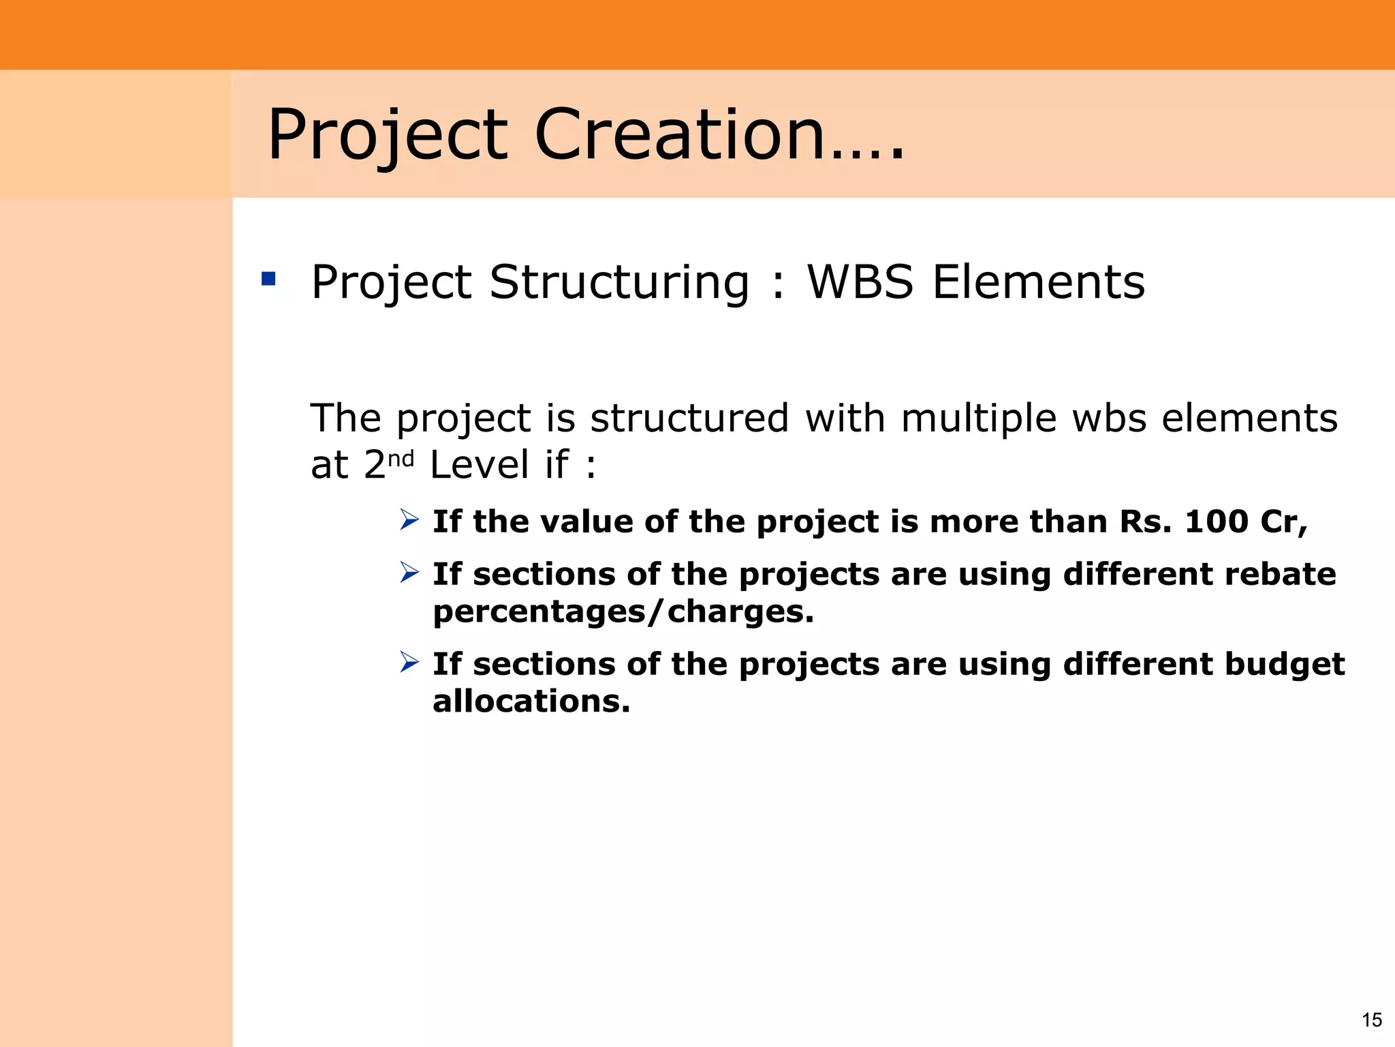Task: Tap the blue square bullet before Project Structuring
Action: [268, 279]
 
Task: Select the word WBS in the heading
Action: [860, 282]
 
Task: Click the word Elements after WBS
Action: [1038, 282]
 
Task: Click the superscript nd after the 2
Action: [401, 459]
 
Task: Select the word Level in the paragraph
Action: [480, 465]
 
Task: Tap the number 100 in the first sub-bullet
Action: [1216, 521]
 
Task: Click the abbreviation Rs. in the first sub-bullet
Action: [1145, 521]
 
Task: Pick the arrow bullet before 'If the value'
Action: [409, 520]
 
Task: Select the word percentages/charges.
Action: [623, 611]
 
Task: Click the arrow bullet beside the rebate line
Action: [409, 573]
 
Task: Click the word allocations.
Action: [531, 701]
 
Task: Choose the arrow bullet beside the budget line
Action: [409, 662]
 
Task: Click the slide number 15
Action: [1371, 1020]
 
